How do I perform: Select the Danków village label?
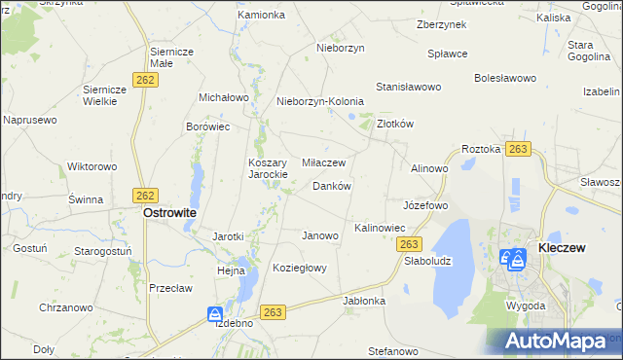[331, 186]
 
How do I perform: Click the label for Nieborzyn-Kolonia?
[320, 101]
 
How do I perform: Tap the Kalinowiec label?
[380, 228]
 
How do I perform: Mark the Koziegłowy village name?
[300, 268]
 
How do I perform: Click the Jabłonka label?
[364, 301]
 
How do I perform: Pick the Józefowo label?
[425, 206]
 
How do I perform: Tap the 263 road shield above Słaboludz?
[411, 244]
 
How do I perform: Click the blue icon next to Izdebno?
[214, 313]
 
